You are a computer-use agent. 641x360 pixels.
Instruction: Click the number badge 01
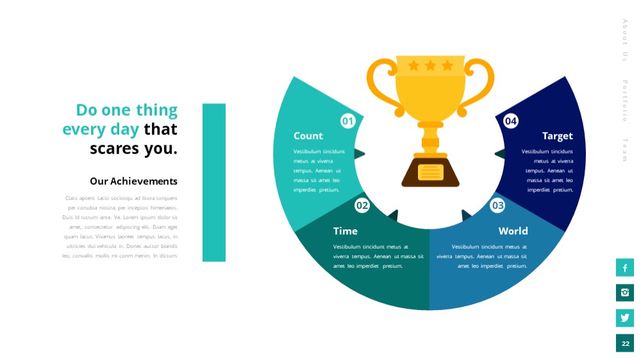pos(348,121)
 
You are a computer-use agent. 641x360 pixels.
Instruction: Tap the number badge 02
pos(362,205)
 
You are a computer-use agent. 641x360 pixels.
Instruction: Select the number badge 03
pos(497,205)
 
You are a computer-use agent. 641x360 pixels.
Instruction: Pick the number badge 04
pos(511,121)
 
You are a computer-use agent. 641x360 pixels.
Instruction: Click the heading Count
pos(308,136)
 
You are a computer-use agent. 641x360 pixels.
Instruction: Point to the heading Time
pos(345,231)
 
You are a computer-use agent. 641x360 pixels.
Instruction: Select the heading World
pos(513,231)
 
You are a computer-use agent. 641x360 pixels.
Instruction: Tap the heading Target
pos(558,136)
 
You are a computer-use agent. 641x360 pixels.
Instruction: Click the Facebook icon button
pos(624,268)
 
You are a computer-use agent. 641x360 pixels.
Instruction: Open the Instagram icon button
pos(624,293)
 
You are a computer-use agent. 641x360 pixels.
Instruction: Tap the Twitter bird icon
pos(624,318)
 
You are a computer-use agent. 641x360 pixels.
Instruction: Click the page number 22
pos(625,343)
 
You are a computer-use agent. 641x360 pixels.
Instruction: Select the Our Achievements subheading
pos(134,181)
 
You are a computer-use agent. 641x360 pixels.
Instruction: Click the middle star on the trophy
pos(431,65)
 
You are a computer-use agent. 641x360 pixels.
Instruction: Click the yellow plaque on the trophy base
pos(431,172)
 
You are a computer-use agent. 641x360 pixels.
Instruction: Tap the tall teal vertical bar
pos(214,183)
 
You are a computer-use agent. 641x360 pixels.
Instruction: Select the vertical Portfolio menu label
pos(625,101)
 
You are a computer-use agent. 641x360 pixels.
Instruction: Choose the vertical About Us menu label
pos(625,40)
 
